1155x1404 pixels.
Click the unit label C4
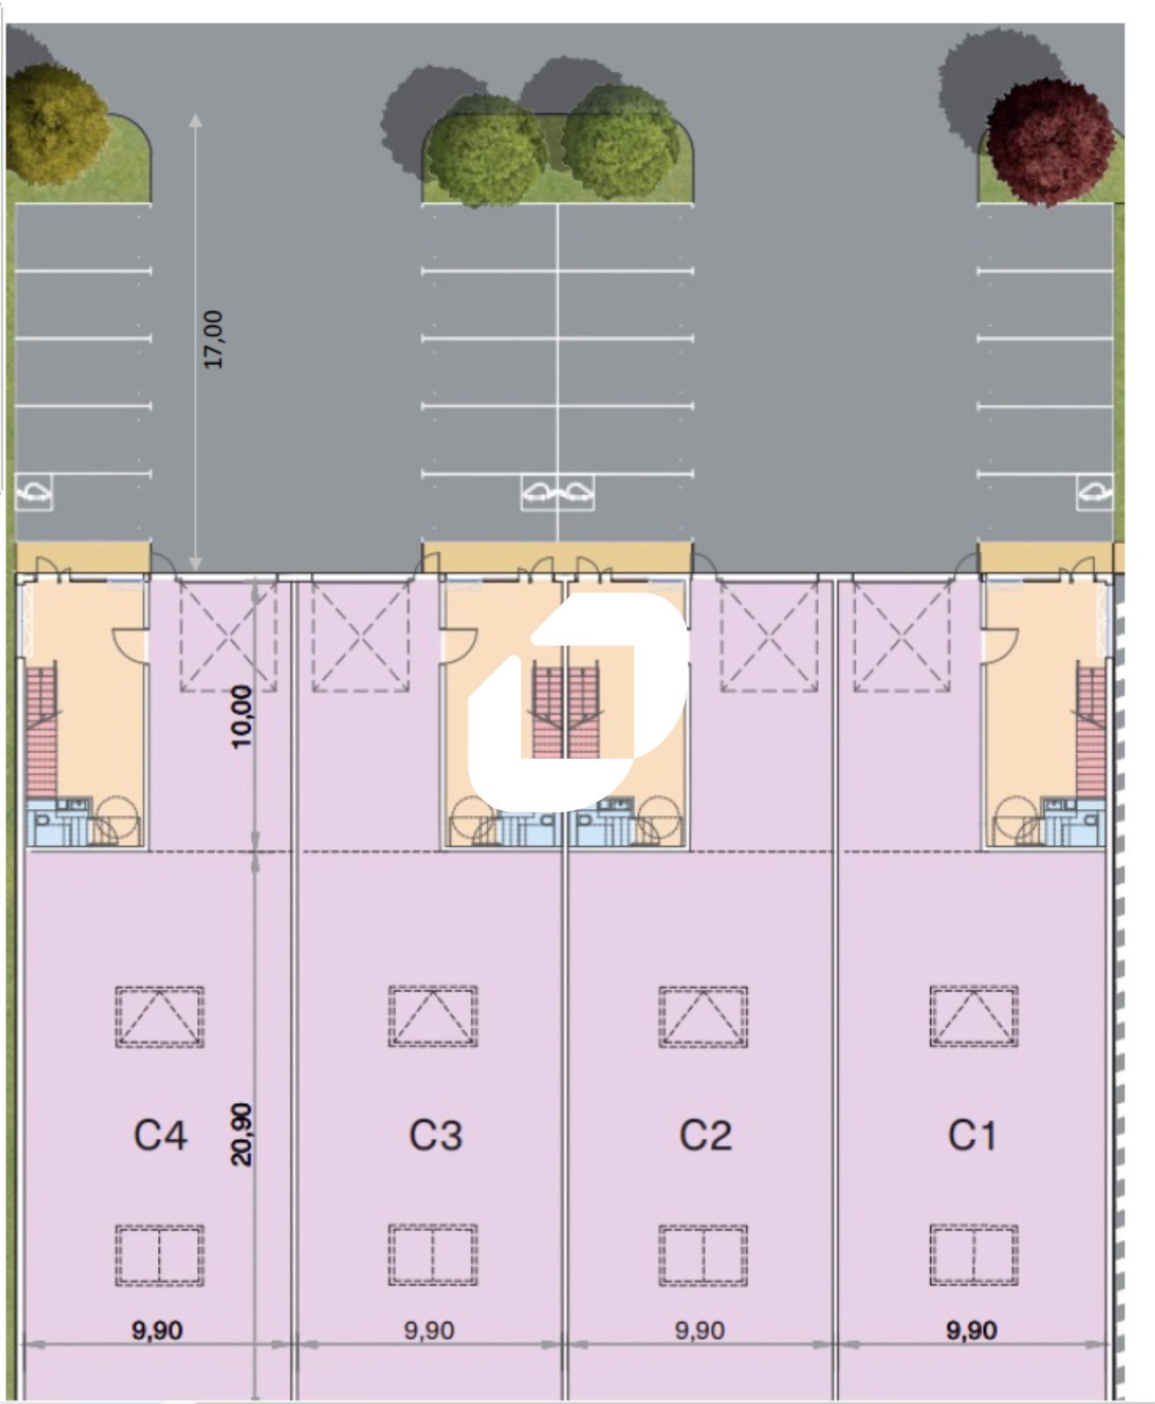[x=161, y=1135]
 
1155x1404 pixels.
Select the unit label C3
[x=435, y=1135]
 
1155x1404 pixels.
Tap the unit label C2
[x=706, y=1135]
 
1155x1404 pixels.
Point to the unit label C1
[x=972, y=1135]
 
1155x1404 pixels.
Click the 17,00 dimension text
[x=213, y=340]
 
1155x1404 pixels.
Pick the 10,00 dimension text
[x=241, y=717]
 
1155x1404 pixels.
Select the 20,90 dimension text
[x=241, y=1135]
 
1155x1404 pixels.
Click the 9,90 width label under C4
[x=157, y=1331]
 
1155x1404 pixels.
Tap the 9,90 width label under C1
[x=972, y=1331]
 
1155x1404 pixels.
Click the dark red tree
[x=1051, y=142]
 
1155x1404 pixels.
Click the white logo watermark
[x=577, y=702]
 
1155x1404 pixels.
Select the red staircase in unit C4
[x=41, y=733]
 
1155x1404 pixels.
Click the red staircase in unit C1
[x=1091, y=733]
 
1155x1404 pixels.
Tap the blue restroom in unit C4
[x=59, y=822]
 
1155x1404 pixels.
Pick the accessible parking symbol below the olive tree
[x=33, y=492]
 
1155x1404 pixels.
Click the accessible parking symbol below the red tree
[x=1094, y=492]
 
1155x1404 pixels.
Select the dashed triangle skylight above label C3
[x=433, y=1016]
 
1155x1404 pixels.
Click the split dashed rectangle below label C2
[x=703, y=1256]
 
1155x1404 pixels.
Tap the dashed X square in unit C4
[x=227, y=636]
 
